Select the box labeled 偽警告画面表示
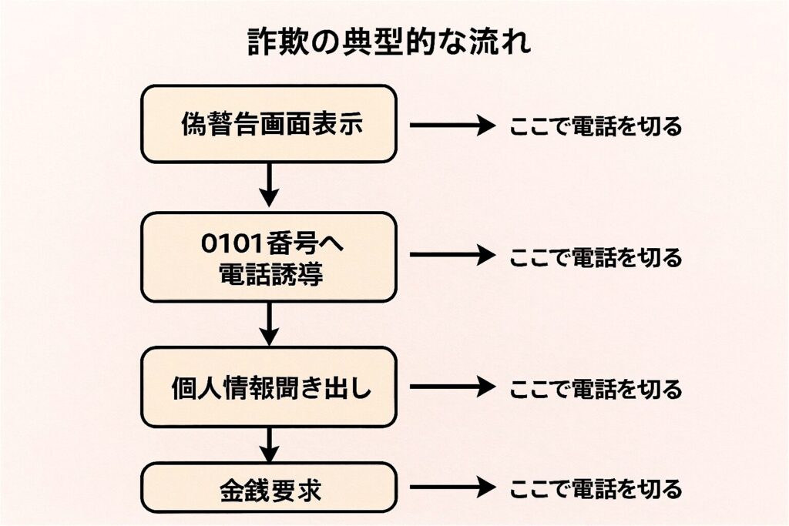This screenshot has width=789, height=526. pyautogui.click(x=268, y=123)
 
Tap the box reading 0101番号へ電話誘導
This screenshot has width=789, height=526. pyautogui.click(x=268, y=256)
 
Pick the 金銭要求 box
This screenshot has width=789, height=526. pyautogui.click(x=268, y=488)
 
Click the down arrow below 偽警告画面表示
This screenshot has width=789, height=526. pyautogui.click(x=268, y=186)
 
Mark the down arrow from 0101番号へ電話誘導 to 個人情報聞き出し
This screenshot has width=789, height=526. pyautogui.click(x=268, y=323)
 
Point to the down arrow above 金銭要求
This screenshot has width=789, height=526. pyautogui.click(x=268, y=444)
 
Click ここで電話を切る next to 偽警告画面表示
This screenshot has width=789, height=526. pyautogui.click(x=596, y=126)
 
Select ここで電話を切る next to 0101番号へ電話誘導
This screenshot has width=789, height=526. pyautogui.click(x=596, y=256)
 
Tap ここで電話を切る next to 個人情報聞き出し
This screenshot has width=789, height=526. pyautogui.click(x=596, y=388)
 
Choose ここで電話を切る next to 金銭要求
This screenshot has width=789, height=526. pyautogui.click(x=596, y=488)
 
